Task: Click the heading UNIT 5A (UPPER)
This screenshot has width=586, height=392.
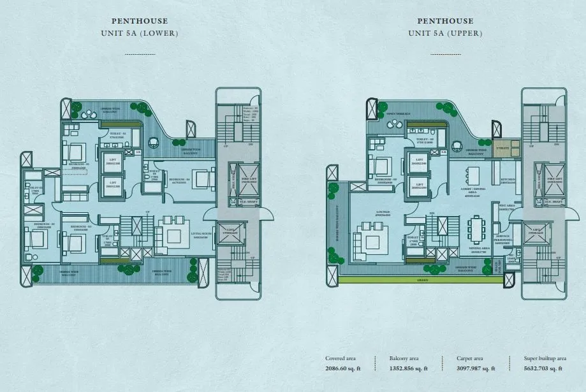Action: pos(445,33)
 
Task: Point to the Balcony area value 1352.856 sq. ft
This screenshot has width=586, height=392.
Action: pos(408,368)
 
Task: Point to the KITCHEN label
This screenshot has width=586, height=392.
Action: pos(508,180)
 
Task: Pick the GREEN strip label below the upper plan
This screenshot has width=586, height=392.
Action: pos(423,279)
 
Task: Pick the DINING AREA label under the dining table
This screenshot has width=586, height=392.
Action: pos(479,249)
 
